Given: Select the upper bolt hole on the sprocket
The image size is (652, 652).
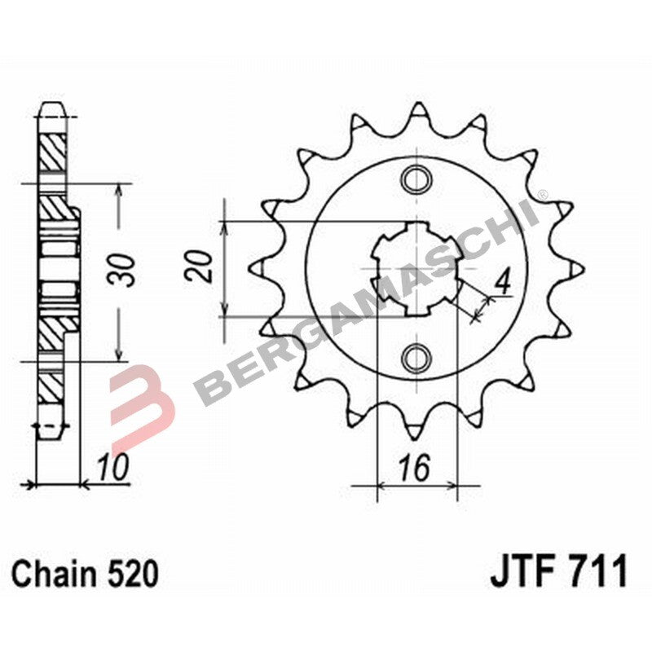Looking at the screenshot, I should click(418, 177).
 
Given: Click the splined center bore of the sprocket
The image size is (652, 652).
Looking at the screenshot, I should click(418, 267).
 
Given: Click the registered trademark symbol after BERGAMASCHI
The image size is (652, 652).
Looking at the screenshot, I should click(544, 194).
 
